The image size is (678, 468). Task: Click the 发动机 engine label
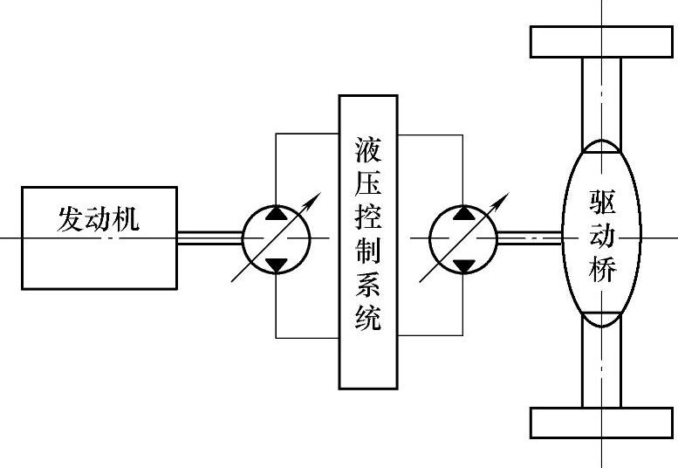99,218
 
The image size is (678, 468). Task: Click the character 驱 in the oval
602,203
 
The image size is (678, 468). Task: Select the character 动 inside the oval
602,237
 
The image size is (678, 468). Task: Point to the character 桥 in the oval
602,271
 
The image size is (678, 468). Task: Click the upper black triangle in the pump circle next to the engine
277,213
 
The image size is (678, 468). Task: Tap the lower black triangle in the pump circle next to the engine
277,263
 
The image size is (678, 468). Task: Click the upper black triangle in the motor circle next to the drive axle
464,213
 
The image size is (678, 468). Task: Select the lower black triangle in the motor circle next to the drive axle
464,263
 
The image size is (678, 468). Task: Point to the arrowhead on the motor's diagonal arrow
503,199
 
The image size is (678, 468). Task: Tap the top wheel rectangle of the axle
601,41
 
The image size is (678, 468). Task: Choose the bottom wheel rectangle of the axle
601,423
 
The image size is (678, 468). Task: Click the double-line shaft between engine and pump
209,237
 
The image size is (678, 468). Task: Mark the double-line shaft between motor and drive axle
529,237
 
